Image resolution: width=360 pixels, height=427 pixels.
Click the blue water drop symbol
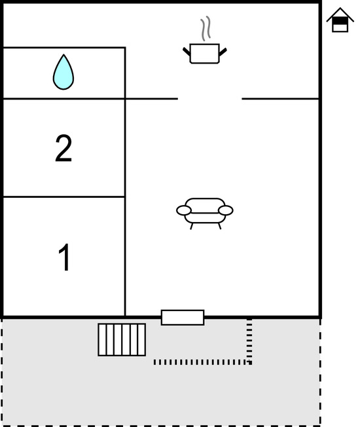63,73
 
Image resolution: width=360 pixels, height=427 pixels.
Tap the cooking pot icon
205,54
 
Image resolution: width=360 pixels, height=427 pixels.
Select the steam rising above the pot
206,28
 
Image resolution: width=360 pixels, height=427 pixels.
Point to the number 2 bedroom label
63,149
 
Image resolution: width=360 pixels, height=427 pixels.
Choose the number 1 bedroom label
64,257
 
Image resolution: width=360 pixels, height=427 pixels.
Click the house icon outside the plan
340,20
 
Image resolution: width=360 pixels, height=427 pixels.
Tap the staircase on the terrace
122,340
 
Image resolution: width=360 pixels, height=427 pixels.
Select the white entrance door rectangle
183,317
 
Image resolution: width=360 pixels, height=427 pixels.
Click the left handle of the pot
187,51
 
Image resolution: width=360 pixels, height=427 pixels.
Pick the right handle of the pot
223,52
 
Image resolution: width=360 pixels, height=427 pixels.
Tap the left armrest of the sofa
184,210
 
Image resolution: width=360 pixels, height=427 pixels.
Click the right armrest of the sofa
226,210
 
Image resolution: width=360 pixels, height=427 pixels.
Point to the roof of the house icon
340,15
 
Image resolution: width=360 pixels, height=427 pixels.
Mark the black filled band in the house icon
340,21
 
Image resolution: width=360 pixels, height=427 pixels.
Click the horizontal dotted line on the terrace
202,362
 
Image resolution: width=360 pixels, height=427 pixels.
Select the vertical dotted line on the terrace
249,341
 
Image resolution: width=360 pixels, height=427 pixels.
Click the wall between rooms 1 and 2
64,196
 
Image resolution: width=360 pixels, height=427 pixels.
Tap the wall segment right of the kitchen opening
280,99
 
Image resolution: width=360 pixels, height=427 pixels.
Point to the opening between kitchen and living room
210,99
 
